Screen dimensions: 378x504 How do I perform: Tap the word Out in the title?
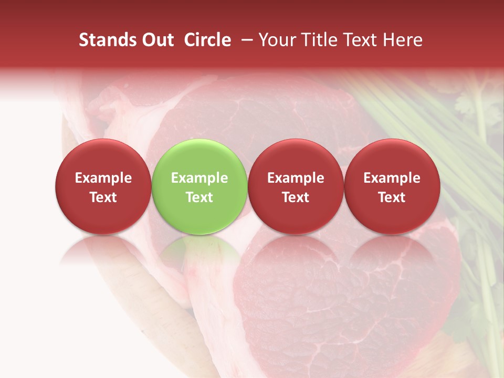point(156,40)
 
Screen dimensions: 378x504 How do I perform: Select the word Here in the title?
point(404,40)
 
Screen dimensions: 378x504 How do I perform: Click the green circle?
point(199,186)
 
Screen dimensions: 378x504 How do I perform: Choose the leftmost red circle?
point(103,186)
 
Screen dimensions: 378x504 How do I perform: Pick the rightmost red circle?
point(392,186)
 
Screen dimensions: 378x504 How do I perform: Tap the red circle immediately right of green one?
point(296,186)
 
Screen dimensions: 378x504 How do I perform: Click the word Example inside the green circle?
point(199,178)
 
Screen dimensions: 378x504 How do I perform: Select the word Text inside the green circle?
point(199,197)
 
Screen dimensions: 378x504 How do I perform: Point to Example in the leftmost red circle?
point(103,178)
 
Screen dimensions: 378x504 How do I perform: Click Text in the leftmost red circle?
point(103,197)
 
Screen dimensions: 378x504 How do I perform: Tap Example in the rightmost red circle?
point(392,178)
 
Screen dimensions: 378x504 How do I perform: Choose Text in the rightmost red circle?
point(392,197)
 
